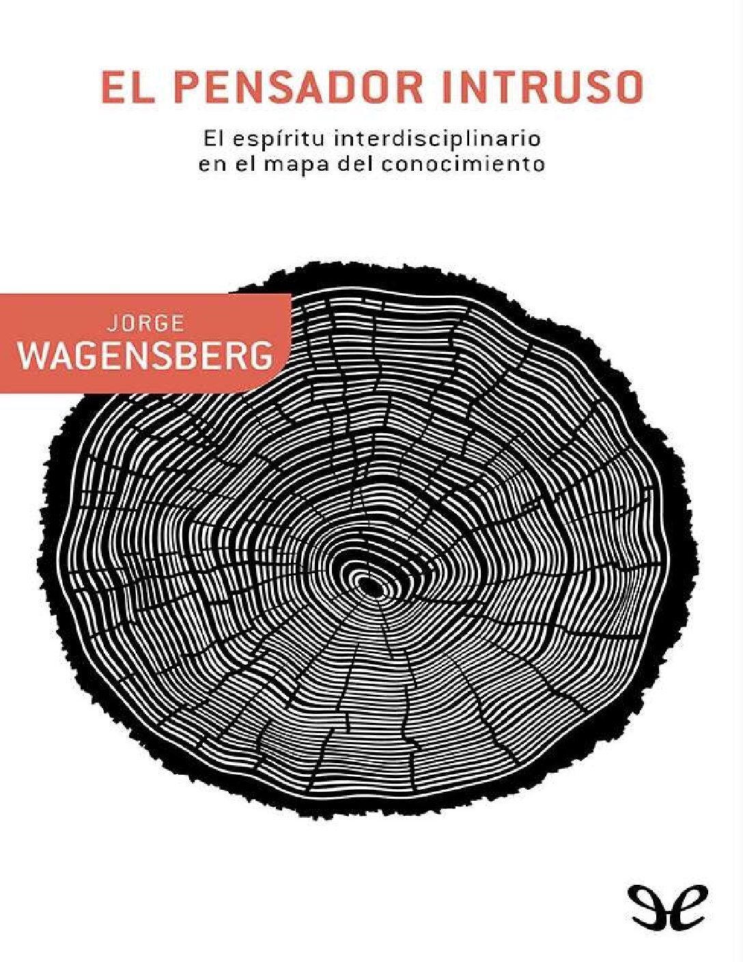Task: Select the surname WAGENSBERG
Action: click(145, 355)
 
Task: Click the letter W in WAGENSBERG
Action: click(35, 355)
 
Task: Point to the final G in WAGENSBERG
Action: click(257, 355)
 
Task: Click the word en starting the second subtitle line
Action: click(209, 165)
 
